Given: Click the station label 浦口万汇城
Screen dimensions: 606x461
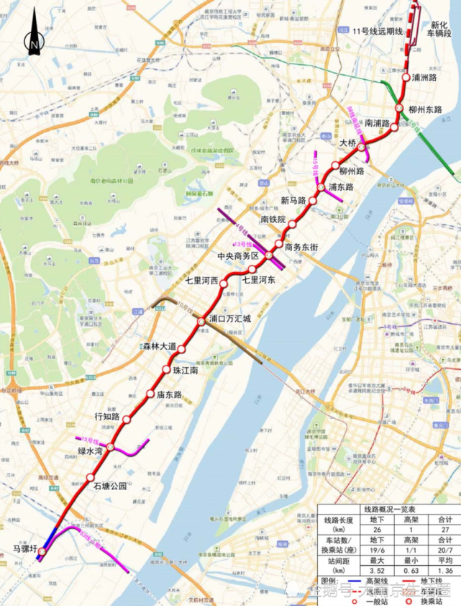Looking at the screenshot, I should [x=229, y=317].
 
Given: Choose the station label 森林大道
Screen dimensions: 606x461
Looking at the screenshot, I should [x=159, y=346].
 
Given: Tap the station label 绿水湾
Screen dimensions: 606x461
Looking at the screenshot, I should [x=92, y=451].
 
